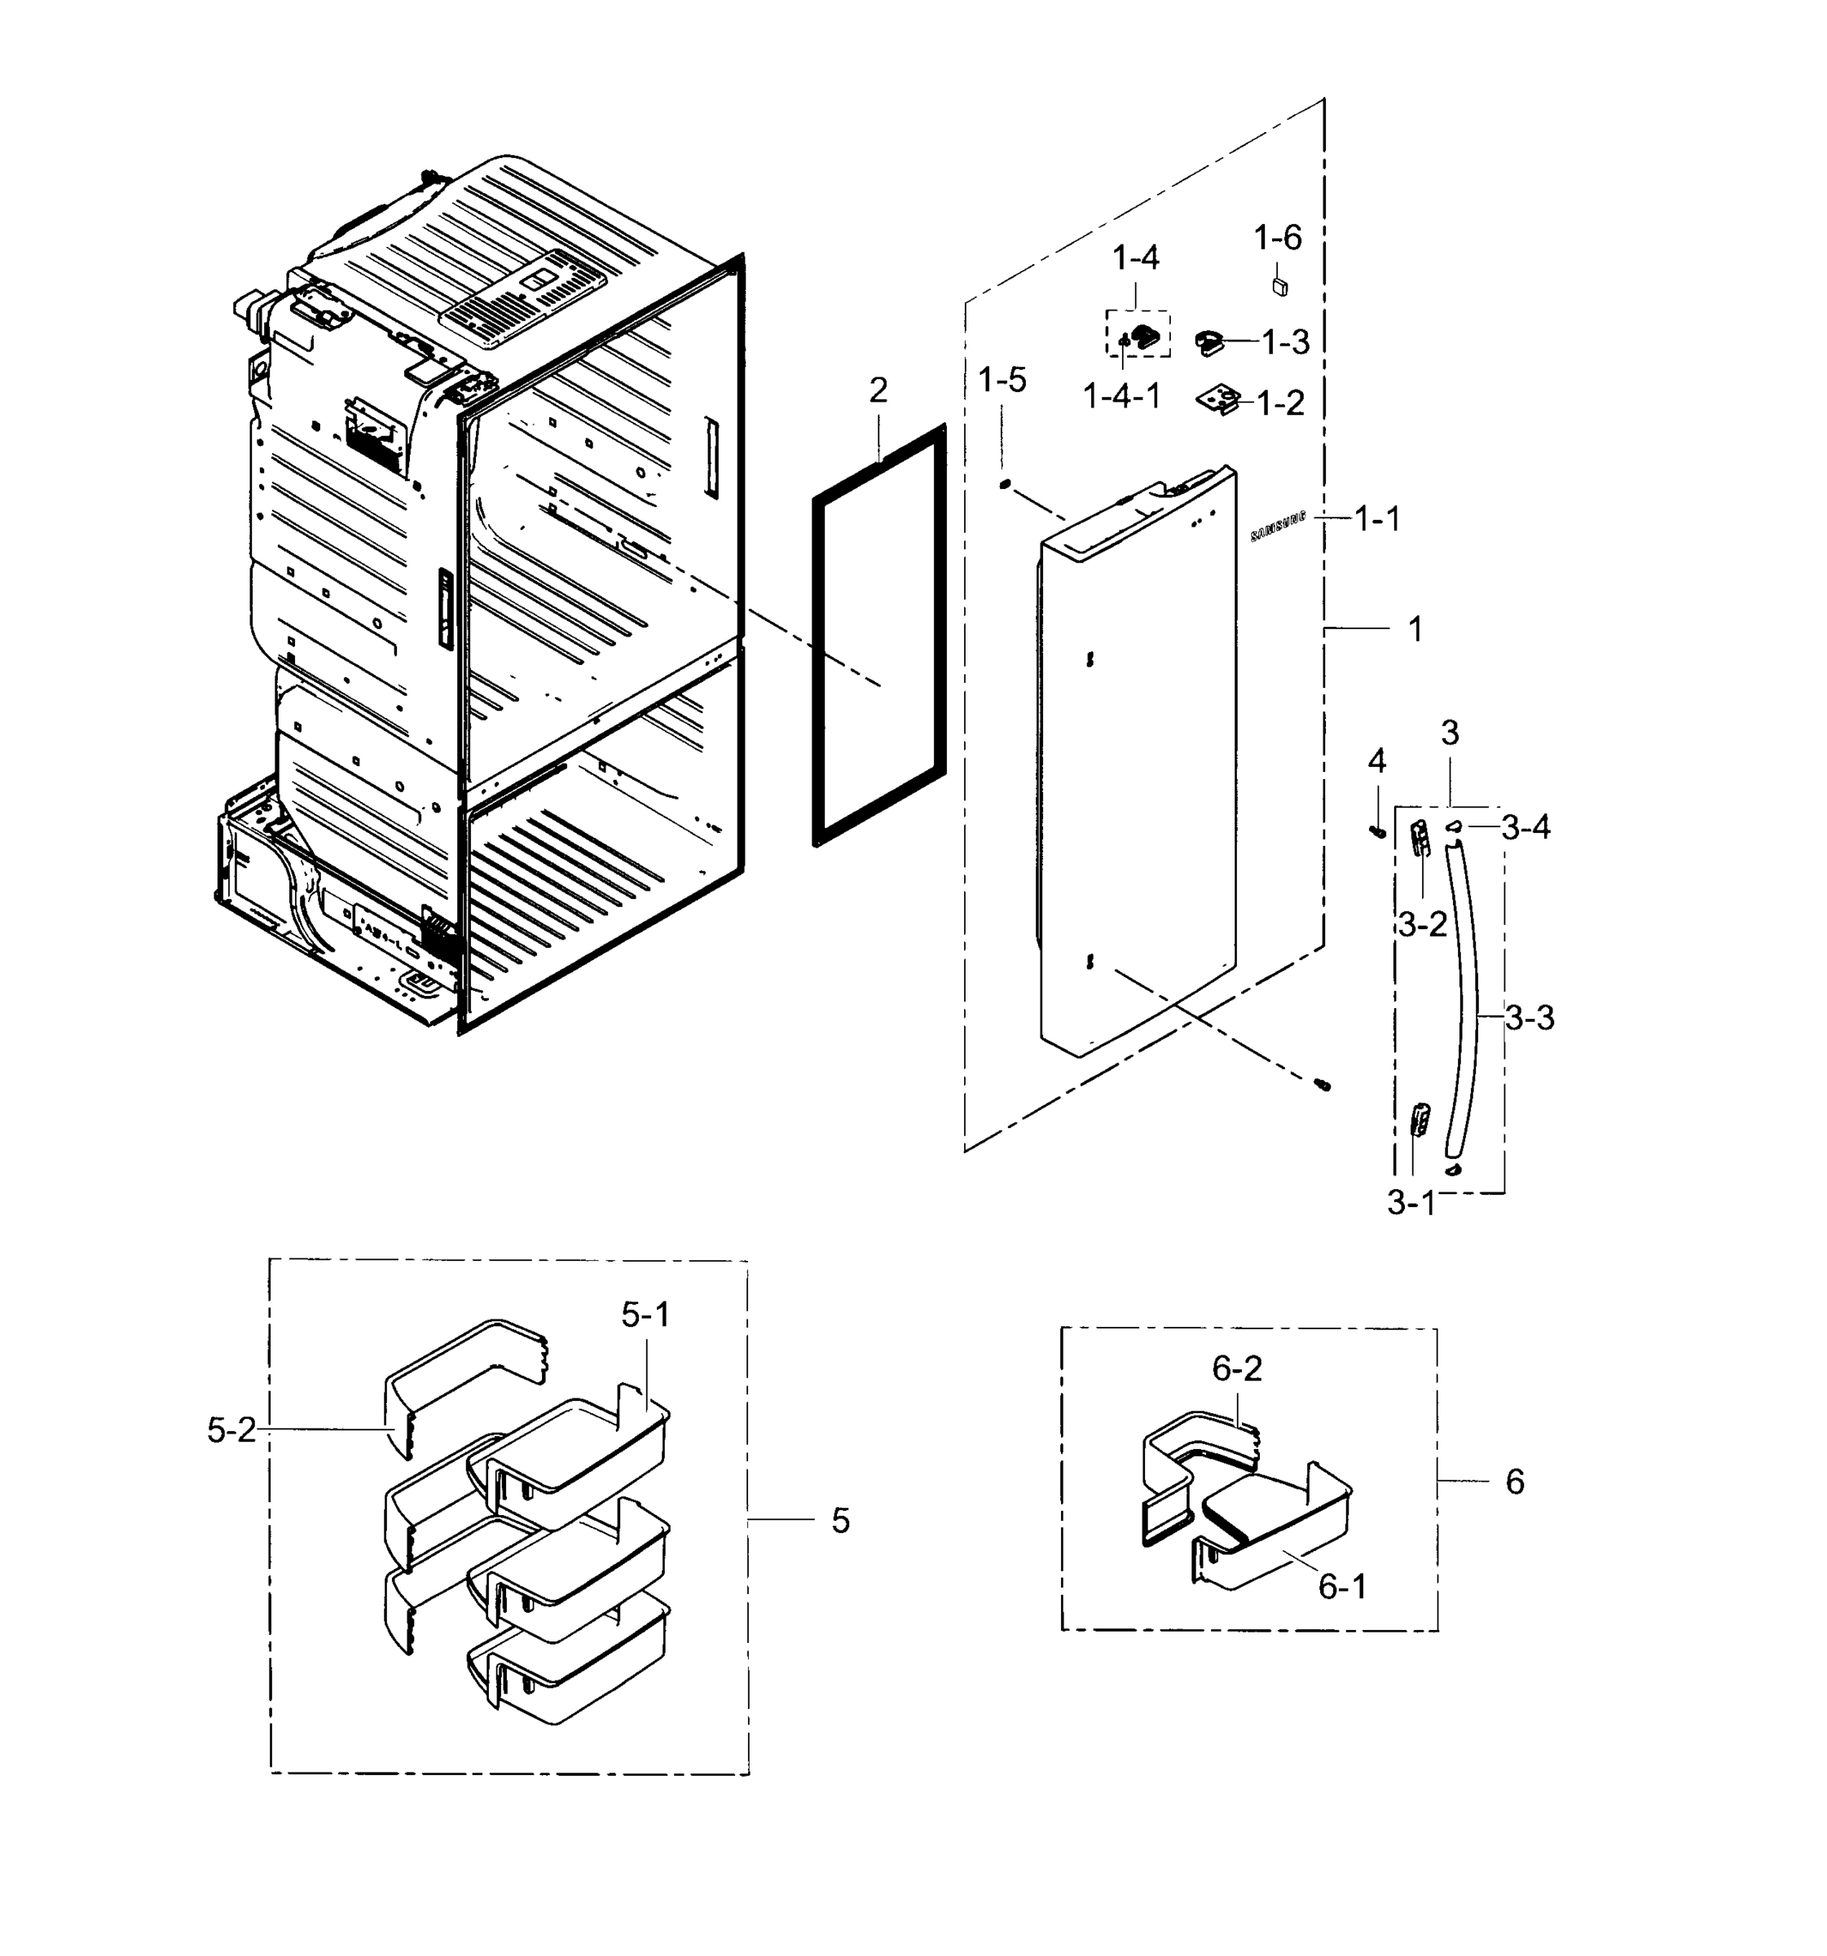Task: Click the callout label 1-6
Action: (x=1277, y=237)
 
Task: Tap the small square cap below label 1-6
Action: (x=1279, y=286)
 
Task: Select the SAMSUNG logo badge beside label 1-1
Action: (x=1277, y=526)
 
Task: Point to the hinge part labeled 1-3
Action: (x=1209, y=342)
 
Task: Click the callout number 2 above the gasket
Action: (x=878, y=390)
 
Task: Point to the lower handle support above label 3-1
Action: (x=1420, y=1119)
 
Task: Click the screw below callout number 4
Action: (x=1376, y=832)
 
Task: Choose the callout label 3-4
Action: (x=1525, y=827)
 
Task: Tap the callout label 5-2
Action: (x=231, y=1430)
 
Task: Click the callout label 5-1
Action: (x=645, y=1314)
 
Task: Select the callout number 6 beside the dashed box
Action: (x=1514, y=1481)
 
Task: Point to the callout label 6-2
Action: (x=1237, y=1368)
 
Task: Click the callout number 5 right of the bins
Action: (x=839, y=1520)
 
